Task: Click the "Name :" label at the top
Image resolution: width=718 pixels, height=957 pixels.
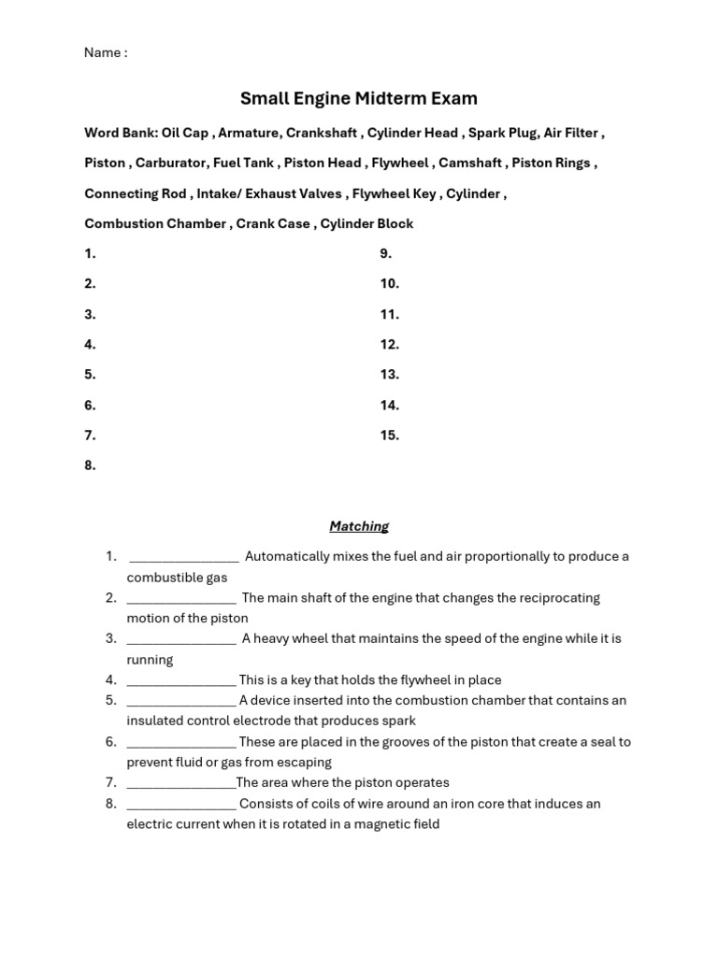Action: [105, 52]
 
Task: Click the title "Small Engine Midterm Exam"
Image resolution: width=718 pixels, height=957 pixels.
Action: [359, 98]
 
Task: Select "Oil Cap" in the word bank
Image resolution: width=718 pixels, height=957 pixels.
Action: [185, 133]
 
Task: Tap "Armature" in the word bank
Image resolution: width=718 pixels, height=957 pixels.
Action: [247, 133]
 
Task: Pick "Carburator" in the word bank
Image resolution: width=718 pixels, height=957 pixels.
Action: [170, 163]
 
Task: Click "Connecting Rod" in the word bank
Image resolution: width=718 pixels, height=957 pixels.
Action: [135, 193]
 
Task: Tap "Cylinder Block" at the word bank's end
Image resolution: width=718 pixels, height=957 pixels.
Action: [366, 223]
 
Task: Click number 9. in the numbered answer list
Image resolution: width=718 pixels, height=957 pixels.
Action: [385, 253]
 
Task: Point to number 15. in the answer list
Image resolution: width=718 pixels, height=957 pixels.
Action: [389, 435]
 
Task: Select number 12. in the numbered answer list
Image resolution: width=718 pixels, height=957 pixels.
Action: [389, 344]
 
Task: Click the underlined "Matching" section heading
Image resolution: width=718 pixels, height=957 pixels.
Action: [359, 526]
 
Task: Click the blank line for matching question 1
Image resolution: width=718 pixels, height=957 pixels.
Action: [183, 558]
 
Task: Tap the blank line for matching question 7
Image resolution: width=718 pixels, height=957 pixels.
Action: [180, 784]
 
